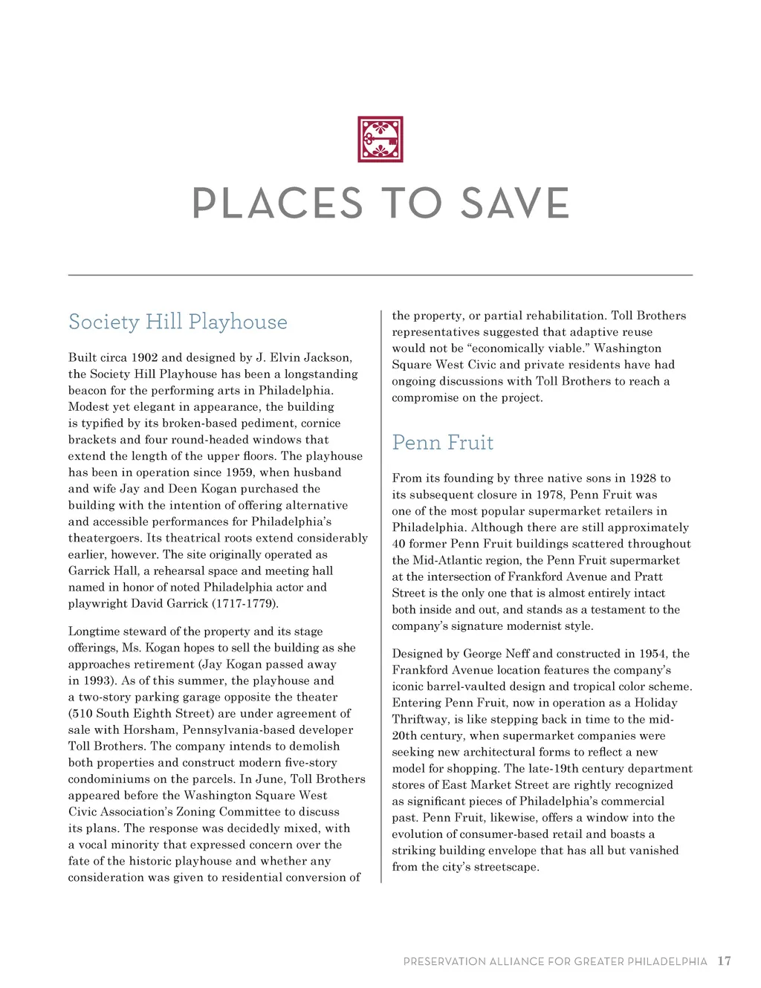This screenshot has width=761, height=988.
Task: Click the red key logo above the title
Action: pos(380,139)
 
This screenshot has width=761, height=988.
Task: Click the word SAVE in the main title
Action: pos(514,204)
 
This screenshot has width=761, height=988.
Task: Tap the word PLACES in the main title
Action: pos(277,204)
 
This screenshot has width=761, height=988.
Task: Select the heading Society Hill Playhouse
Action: pos(178,322)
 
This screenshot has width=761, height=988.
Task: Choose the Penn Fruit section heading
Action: pos(443,443)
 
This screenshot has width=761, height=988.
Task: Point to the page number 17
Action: pos(724,961)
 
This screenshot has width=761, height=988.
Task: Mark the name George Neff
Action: pos(496,654)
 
